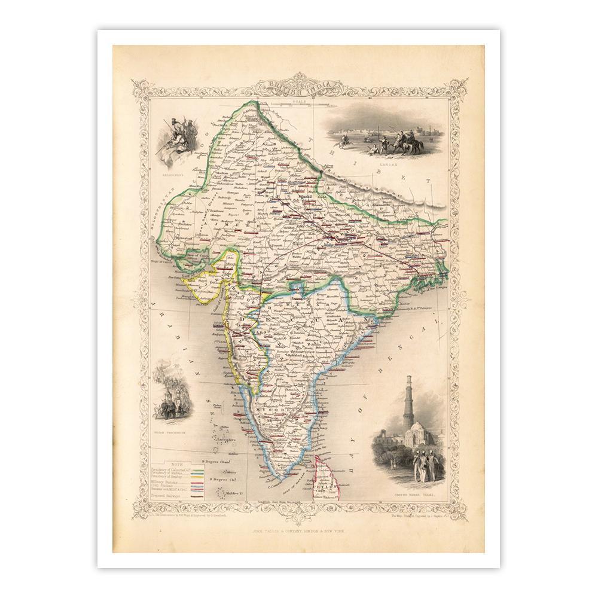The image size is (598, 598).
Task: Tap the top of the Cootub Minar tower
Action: point(409,379)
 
